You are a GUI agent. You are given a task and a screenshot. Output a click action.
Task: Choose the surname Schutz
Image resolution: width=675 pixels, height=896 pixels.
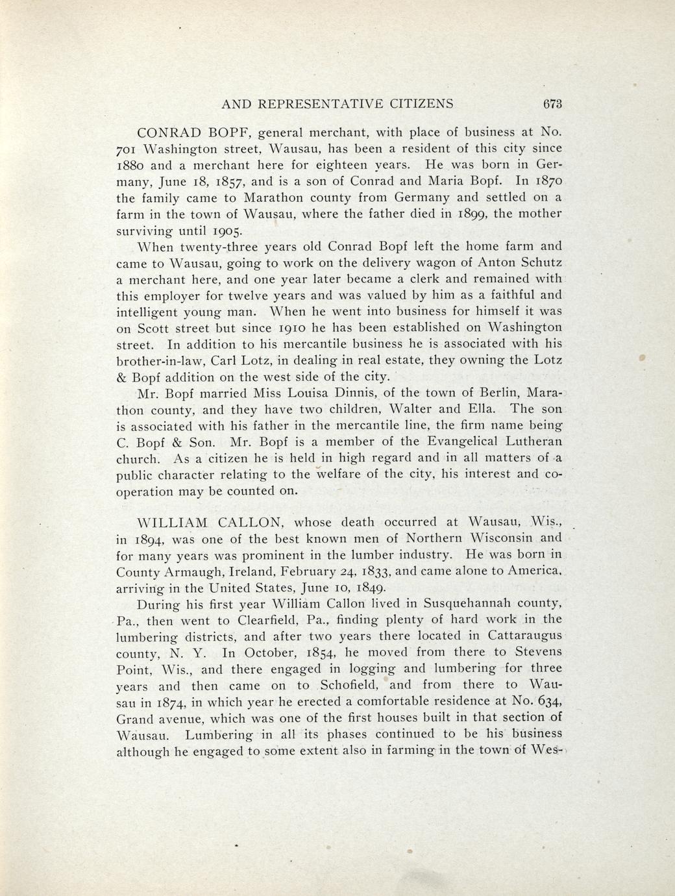[x=540, y=263]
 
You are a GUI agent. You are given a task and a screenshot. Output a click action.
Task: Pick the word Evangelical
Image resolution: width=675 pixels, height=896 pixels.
[x=442, y=442]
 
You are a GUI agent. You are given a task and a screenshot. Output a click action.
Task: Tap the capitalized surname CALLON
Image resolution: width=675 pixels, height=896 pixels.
[x=249, y=522]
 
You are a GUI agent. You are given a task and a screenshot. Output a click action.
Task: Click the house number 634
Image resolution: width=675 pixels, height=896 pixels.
[x=550, y=701]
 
